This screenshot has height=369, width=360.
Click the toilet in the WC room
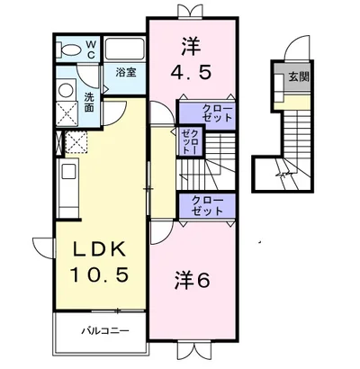click(68, 49)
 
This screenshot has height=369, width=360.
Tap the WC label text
click(91, 49)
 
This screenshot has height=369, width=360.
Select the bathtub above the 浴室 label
click(124, 49)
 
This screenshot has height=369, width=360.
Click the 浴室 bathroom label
click(126, 73)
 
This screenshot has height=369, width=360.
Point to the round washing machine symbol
click(66, 90)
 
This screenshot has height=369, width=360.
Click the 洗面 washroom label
click(89, 103)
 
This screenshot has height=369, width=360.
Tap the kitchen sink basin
click(68, 173)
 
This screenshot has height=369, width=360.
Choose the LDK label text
click(100, 249)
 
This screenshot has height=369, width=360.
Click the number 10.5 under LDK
click(100, 274)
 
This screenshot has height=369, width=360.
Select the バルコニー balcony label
click(106, 331)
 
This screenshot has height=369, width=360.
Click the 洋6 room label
click(192, 280)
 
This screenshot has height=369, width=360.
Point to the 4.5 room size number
click(191, 72)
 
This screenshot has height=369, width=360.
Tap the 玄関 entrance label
click(299, 77)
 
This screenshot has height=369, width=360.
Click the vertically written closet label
click(190, 140)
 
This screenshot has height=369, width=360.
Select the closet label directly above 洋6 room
click(207, 205)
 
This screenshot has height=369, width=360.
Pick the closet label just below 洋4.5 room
click(217, 112)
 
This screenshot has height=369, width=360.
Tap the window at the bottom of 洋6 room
click(195, 350)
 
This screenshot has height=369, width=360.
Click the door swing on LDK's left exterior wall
click(43, 247)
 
